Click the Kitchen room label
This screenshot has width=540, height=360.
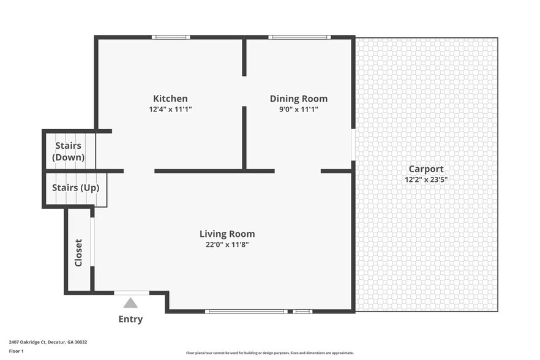click(x=170, y=99)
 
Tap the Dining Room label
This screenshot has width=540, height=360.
click(x=299, y=99)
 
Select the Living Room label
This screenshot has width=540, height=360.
click(x=227, y=234)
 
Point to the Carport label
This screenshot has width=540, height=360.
click(x=426, y=169)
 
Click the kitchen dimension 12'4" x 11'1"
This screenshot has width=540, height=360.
click(x=170, y=110)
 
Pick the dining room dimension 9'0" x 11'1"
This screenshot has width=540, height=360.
click(x=299, y=110)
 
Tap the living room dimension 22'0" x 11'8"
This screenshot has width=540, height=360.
click(x=227, y=245)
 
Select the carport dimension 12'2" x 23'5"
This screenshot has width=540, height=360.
click(x=426, y=179)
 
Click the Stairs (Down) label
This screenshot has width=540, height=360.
click(x=69, y=151)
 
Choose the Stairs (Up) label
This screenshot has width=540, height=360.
click(x=75, y=188)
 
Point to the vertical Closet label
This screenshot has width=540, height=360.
click(x=78, y=252)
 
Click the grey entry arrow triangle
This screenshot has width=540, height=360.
click(x=131, y=302)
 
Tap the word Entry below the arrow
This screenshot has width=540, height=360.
click(x=130, y=319)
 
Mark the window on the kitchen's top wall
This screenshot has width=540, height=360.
click(x=171, y=37)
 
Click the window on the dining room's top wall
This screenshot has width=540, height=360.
click(x=299, y=37)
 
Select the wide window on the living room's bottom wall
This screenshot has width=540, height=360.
click(x=247, y=312)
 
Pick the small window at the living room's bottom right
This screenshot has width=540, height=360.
click(x=302, y=312)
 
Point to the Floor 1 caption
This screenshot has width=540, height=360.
click(x=16, y=351)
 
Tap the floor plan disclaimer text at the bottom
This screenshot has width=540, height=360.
click(x=269, y=353)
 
